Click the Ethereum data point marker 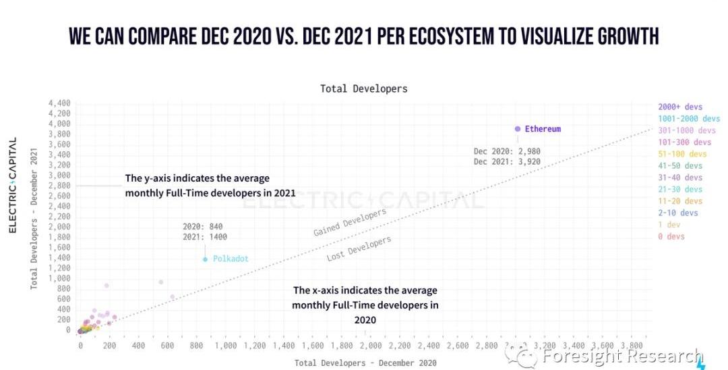518,128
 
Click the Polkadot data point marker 205,259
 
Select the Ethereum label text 543,129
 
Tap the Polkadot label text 232,259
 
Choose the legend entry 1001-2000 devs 689,119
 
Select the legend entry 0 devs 671,236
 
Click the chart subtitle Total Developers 363,88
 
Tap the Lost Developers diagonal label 359,249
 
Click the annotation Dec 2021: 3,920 507,162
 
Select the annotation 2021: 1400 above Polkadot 205,237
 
